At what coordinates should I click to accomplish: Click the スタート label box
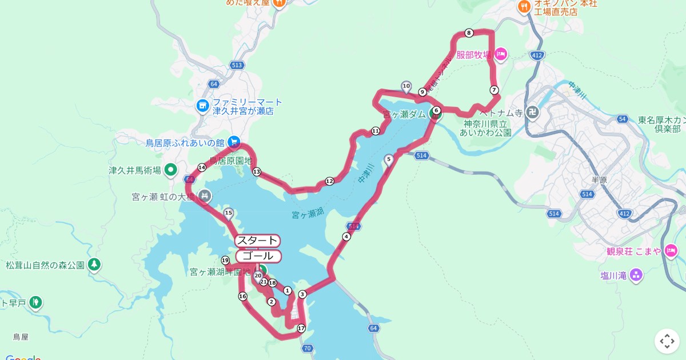257,241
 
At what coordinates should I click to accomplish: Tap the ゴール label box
258,256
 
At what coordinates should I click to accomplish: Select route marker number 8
469,33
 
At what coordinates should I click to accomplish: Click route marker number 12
329,181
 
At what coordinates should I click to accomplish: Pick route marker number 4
346,237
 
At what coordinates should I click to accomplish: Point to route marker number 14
201,167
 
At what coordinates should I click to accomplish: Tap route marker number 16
242,296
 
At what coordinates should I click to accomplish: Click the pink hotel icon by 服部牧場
501,55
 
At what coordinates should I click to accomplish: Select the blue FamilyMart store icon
202,106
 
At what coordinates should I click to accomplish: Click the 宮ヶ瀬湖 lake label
308,215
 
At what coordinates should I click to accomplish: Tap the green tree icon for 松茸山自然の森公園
94,265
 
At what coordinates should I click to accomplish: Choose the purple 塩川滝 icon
636,276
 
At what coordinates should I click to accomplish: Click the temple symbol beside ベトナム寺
532,113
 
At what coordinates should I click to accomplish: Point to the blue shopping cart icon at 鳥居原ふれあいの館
233,142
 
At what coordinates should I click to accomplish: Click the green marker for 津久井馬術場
170,170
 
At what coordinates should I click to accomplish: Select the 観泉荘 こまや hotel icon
671,251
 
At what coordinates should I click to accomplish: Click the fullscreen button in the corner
667,341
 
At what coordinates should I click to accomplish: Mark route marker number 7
494,90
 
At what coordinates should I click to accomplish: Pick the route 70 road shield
308,349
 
